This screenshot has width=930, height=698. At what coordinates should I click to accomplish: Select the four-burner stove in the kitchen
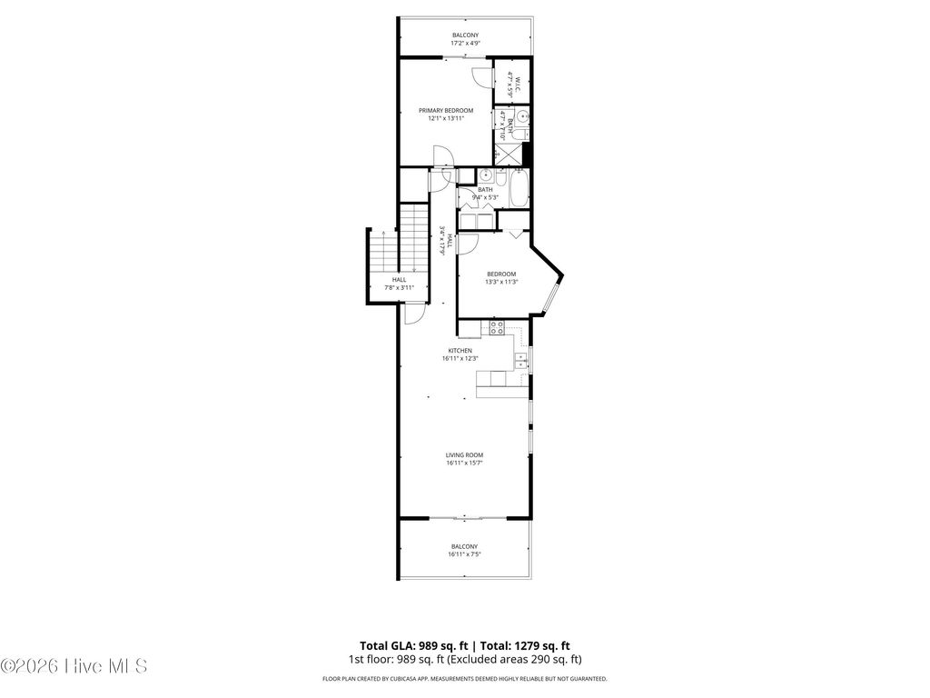click(497, 329)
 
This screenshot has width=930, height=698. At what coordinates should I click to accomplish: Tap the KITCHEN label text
click(460, 350)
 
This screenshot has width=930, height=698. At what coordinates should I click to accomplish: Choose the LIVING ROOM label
click(464, 454)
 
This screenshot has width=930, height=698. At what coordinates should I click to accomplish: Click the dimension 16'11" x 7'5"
click(464, 554)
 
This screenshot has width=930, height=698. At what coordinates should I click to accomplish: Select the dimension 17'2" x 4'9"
click(465, 43)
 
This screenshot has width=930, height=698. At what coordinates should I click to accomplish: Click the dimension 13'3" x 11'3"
click(500, 282)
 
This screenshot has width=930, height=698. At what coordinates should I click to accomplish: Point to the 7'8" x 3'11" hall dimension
click(400, 287)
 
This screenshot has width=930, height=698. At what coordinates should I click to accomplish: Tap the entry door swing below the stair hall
click(412, 313)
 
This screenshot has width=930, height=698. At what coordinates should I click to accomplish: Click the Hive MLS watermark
click(74, 666)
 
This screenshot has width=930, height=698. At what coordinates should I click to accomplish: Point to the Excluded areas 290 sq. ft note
click(524, 659)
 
